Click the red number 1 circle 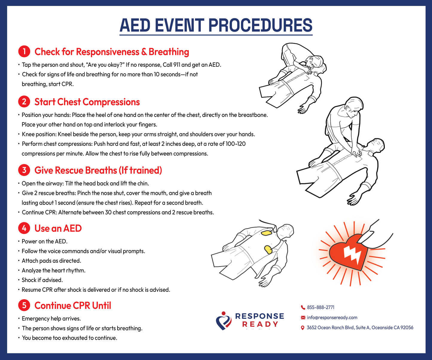[x=24, y=51]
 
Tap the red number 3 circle [x=24, y=170]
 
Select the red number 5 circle [x=24, y=305]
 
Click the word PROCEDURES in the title [x=260, y=25]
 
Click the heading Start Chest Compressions [x=87, y=102]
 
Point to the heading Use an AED [x=58, y=228]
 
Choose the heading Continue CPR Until [x=73, y=306]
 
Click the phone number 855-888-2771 [x=320, y=307]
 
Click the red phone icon [x=303, y=307]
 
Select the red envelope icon [x=303, y=318]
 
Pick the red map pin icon [x=303, y=328]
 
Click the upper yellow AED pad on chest [x=266, y=232]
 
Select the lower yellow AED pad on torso [x=268, y=250]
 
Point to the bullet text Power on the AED [x=45, y=241]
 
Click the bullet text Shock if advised [x=42, y=280]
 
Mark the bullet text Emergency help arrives [x=51, y=318]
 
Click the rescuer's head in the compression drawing [x=354, y=106]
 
